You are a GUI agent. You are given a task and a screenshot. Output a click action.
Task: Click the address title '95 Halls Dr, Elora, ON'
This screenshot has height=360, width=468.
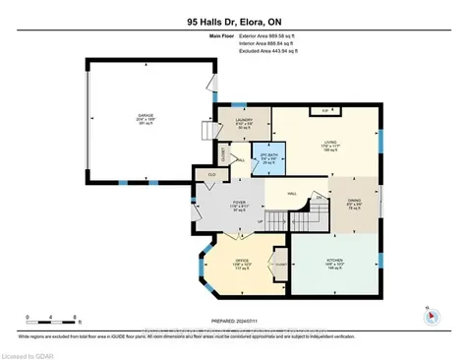[x=234, y=19]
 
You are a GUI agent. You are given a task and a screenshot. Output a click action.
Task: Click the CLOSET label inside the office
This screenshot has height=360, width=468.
[x=281, y=265]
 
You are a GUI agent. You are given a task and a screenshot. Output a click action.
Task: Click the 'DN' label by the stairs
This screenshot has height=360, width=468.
[x=319, y=197]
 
